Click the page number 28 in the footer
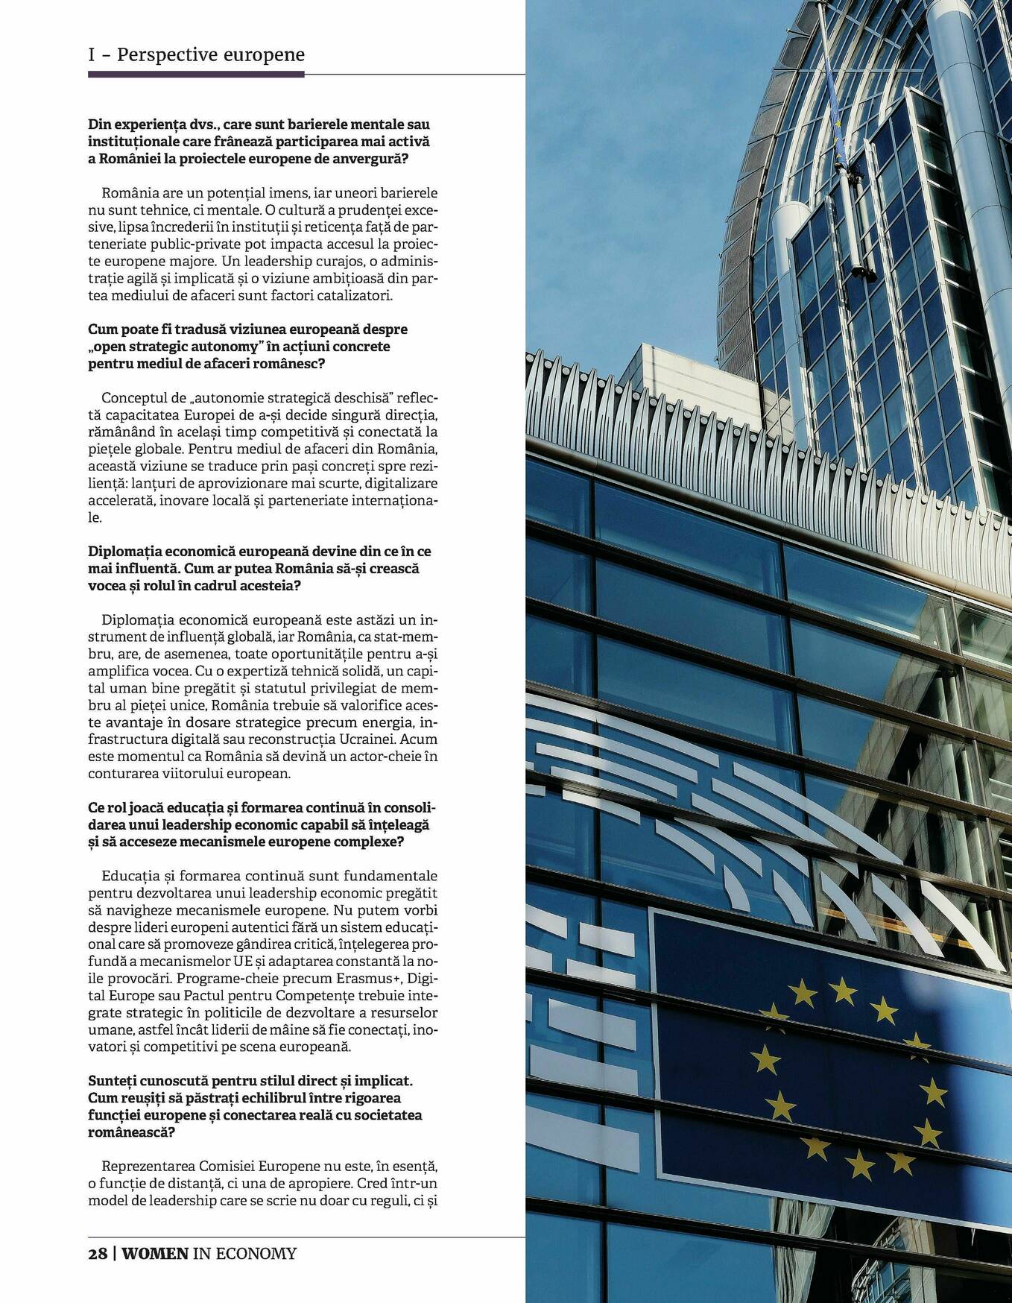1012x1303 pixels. coord(98,1253)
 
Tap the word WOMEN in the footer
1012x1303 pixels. coord(155,1253)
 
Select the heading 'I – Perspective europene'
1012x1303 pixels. coord(196,54)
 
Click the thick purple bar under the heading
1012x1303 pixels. coord(196,74)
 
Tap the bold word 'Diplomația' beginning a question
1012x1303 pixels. coord(124,551)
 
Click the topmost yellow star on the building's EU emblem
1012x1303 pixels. coord(844,991)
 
